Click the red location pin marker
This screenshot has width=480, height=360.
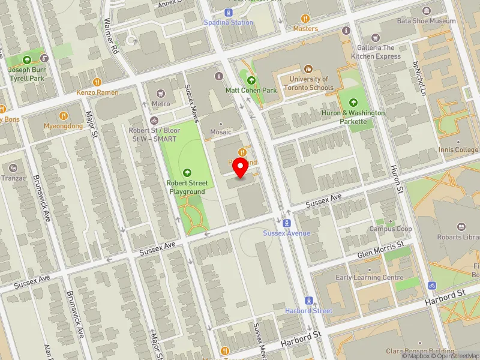241,169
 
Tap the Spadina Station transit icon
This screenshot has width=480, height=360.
228,13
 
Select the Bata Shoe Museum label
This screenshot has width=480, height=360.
426,21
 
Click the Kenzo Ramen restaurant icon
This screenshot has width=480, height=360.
97,82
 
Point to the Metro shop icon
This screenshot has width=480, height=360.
160,93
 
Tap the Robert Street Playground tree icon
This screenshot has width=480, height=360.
187,172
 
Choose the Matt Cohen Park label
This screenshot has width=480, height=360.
251,90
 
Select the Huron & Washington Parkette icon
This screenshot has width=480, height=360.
352,102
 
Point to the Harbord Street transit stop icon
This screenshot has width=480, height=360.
309,301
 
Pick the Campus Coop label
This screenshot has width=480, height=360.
391,229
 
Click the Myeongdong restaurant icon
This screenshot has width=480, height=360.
62,116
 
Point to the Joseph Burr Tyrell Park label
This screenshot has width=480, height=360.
26,74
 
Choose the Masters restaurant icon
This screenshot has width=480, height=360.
305,19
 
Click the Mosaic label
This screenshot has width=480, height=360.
221,131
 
